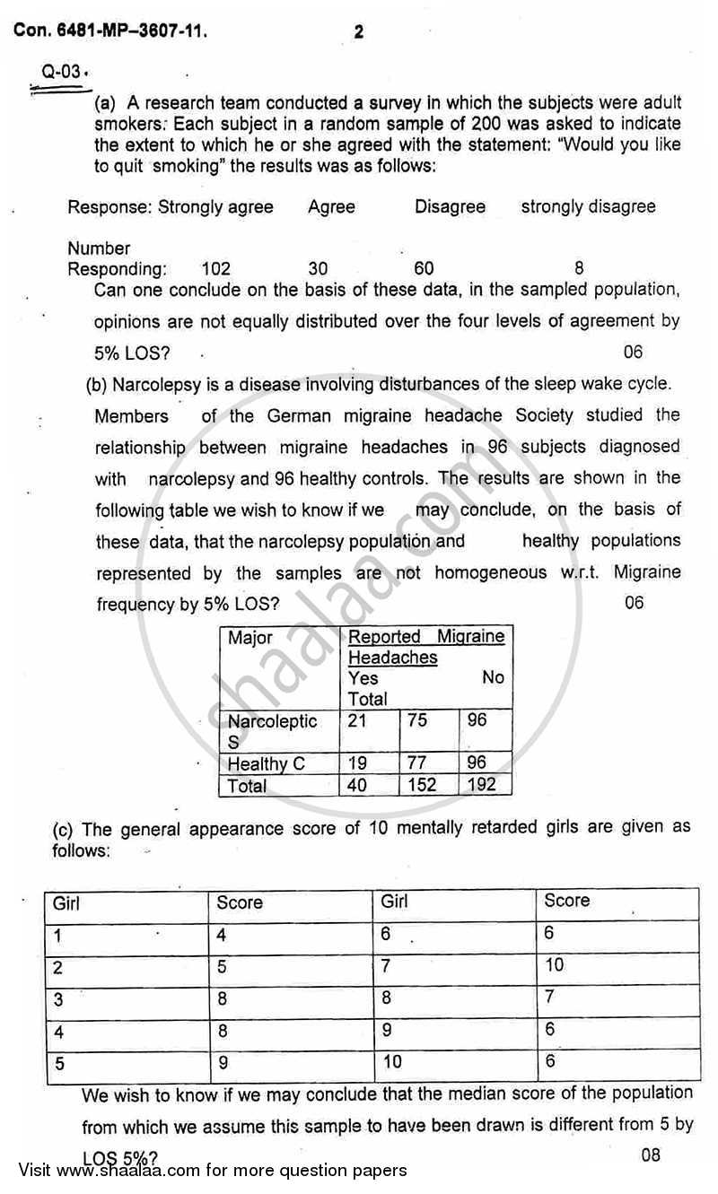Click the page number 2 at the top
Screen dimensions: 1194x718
359,33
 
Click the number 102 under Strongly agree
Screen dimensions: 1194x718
215,268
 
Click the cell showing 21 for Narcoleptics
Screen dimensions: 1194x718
358,720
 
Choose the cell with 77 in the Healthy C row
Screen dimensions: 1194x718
417,763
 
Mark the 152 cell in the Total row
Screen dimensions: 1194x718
422,785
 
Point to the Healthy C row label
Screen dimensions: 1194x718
267,764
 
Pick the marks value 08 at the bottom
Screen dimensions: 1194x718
651,1155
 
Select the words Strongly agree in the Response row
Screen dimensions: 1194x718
216,206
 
